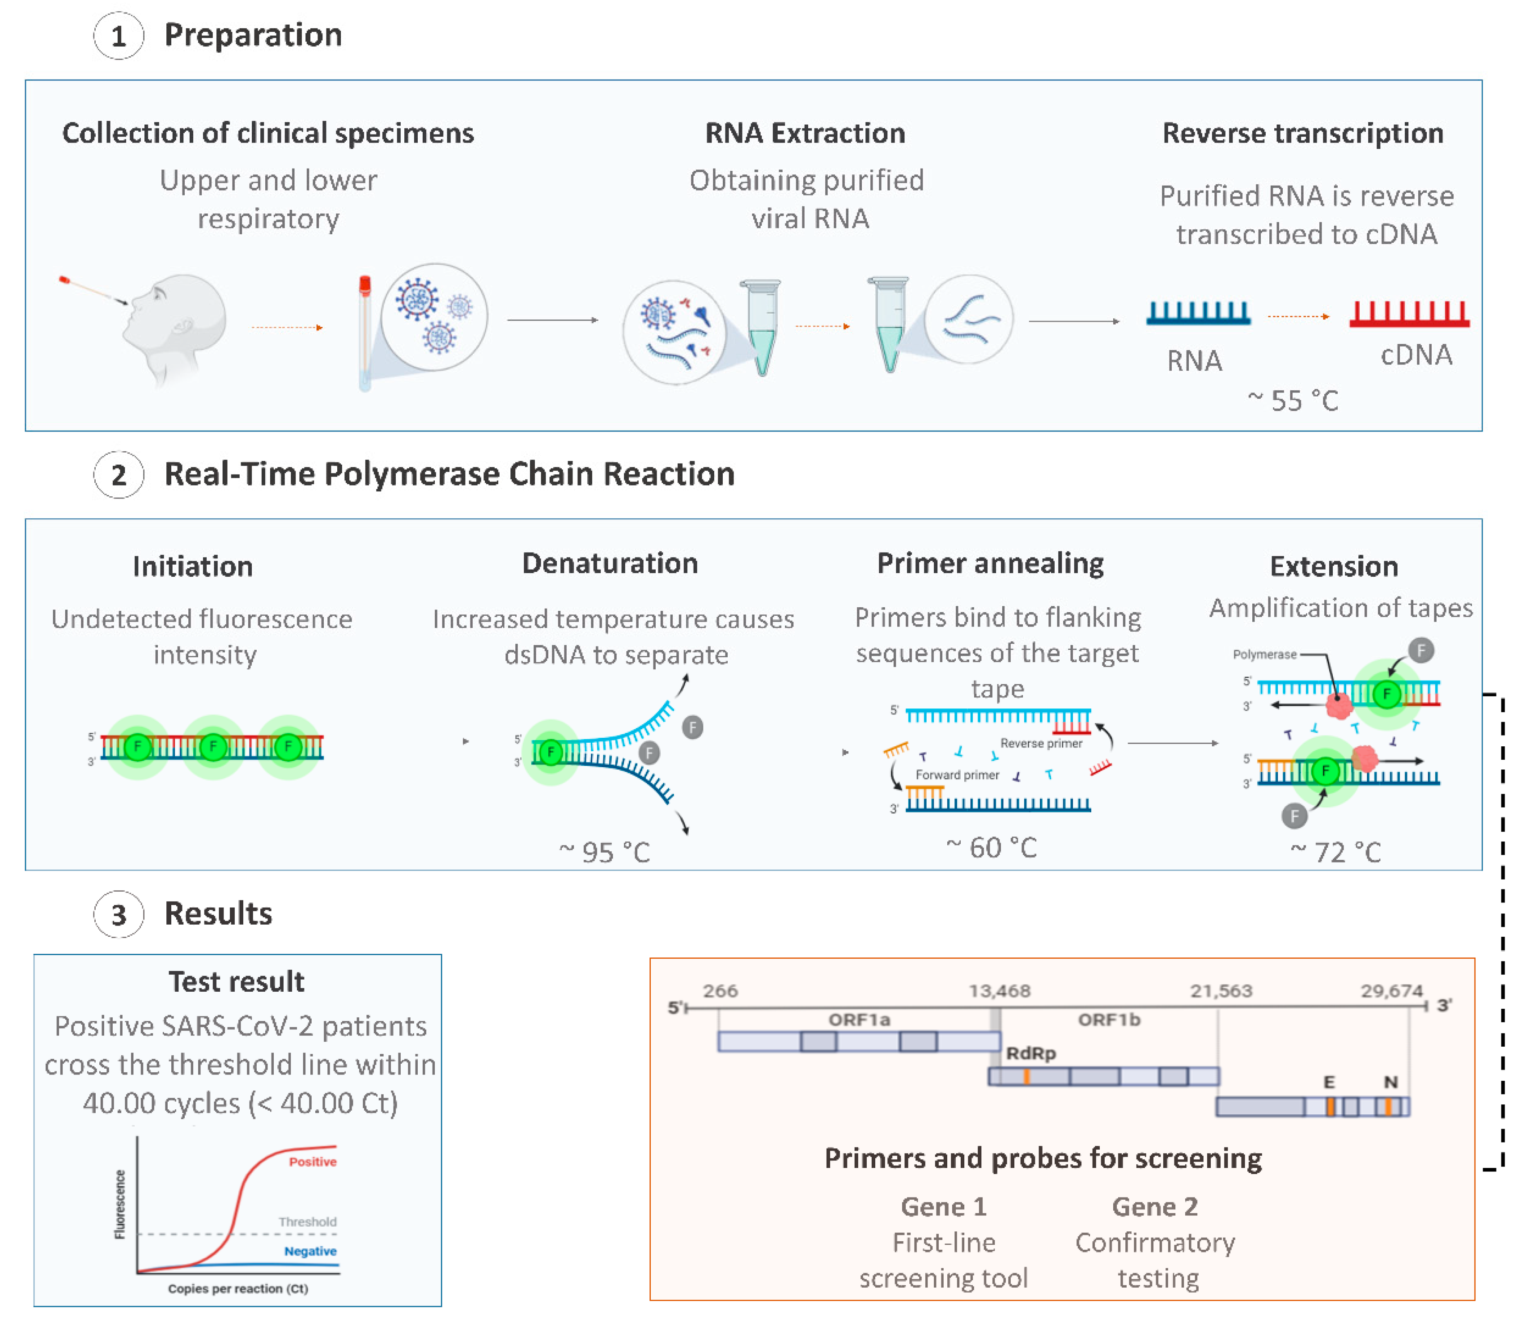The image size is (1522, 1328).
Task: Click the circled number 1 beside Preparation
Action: click(118, 36)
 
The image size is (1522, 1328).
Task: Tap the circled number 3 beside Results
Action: click(118, 914)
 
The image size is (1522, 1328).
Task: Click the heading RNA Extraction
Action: click(805, 133)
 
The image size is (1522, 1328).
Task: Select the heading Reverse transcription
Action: click(1302, 133)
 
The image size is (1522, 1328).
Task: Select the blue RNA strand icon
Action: click(1198, 313)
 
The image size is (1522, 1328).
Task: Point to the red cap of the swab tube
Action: click(365, 284)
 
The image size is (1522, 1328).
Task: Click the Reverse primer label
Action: click(1041, 743)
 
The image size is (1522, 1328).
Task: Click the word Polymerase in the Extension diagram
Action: click(1264, 654)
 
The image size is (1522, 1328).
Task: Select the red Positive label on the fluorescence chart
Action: click(312, 1161)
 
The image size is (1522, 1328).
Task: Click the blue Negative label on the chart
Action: click(310, 1251)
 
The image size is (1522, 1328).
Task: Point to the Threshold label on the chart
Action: click(307, 1221)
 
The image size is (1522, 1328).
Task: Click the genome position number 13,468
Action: click(999, 991)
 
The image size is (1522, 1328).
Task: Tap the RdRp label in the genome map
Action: click(1030, 1053)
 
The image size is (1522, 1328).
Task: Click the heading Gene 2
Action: click(1154, 1206)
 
